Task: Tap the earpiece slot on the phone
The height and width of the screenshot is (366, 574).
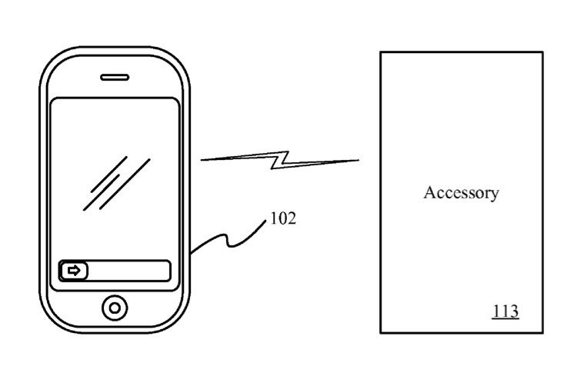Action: point(115,77)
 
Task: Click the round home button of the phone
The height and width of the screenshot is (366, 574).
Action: point(115,308)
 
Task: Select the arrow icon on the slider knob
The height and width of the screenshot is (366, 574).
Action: point(74,271)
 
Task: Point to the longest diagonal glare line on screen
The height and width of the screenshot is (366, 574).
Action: point(125,184)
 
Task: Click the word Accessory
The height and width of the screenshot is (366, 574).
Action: point(461,193)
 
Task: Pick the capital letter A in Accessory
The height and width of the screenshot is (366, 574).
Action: point(430,192)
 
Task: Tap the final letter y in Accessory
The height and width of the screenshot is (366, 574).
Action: point(495,195)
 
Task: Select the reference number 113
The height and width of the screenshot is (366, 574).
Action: point(506,311)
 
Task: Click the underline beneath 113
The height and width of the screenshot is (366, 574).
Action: point(506,319)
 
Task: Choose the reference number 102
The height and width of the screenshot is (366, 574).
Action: point(283,218)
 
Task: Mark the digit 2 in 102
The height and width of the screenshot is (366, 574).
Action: point(292,218)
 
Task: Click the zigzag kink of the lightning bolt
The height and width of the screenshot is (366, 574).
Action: point(280,160)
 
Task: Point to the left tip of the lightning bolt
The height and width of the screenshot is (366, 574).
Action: point(201,160)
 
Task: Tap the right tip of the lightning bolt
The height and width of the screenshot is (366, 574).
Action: point(359,160)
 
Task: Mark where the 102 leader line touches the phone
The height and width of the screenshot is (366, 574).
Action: point(191,253)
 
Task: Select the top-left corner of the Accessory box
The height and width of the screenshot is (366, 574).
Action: point(381,52)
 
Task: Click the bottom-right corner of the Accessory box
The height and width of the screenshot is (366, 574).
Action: point(543,333)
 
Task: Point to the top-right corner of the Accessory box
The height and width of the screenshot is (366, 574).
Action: point(543,52)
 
